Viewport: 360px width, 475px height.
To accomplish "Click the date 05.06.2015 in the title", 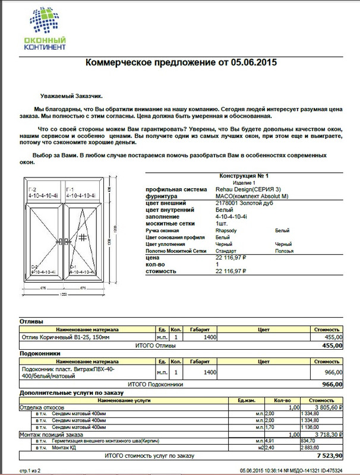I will [x=254, y=62].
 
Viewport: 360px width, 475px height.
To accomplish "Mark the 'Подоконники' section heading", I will [x=37, y=353].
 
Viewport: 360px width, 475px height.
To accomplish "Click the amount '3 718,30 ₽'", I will [x=330, y=435].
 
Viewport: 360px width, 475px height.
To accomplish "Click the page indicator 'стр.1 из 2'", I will [x=30, y=468].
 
